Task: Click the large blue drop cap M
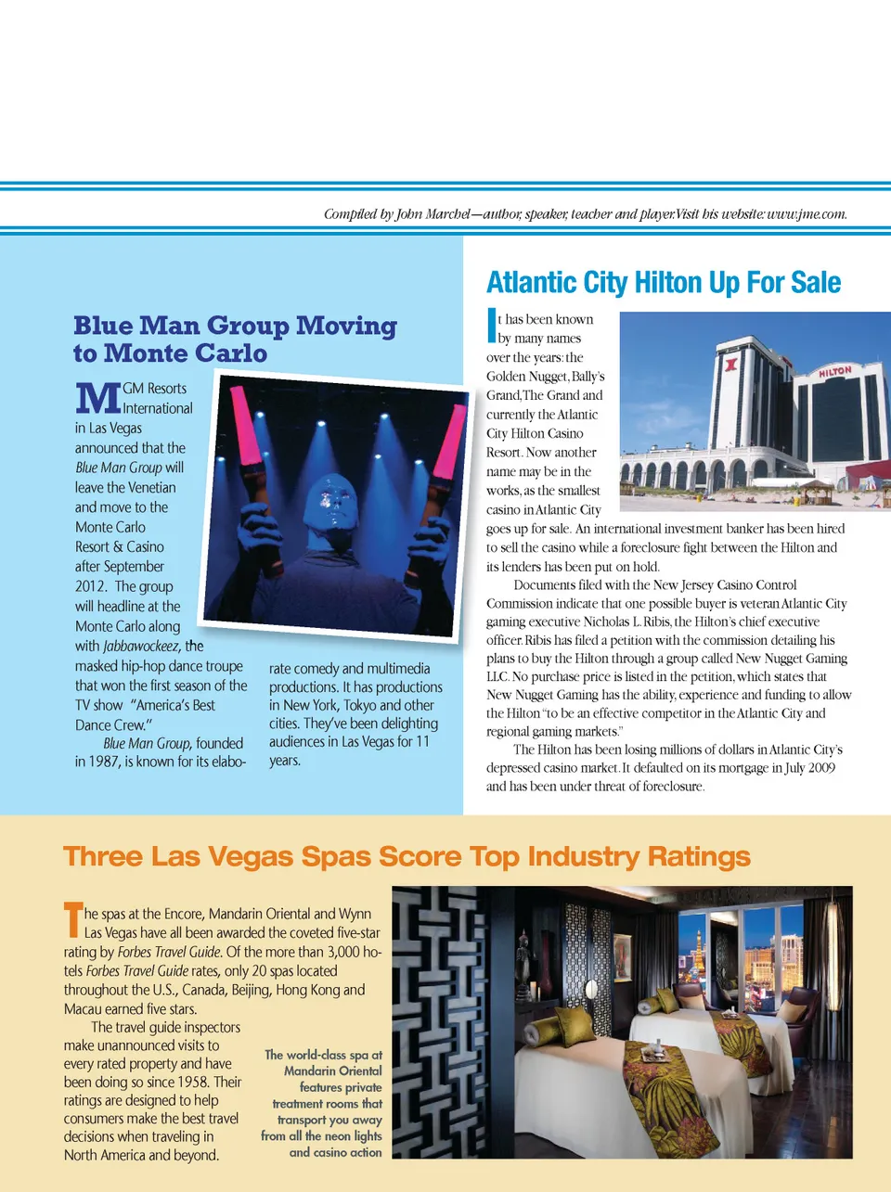click(x=97, y=398)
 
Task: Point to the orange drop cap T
click(x=73, y=919)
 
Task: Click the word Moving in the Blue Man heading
click(x=346, y=326)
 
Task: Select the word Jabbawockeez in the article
click(x=140, y=647)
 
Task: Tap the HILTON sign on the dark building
click(x=834, y=371)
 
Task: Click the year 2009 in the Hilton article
click(x=819, y=768)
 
